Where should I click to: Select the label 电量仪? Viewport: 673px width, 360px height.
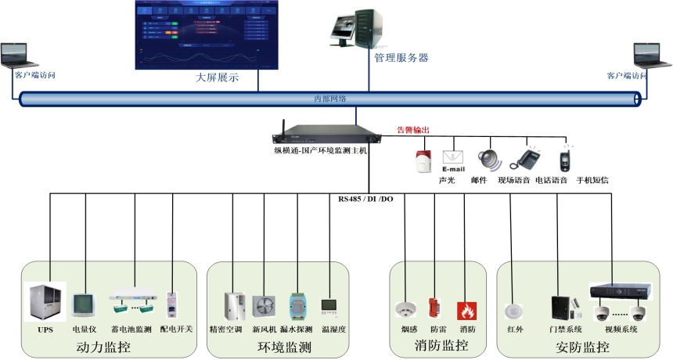click(84, 329)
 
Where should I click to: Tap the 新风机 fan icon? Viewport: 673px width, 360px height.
click(265, 304)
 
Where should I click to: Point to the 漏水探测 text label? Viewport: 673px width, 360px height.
click(300, 329)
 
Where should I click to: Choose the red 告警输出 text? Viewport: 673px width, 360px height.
click(413, 130)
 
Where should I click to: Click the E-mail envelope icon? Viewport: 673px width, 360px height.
click(454, 160)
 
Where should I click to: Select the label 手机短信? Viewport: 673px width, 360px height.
click(592, 180)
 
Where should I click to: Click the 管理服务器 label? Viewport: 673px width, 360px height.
click(401, 58)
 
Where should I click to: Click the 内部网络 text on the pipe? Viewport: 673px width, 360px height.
click(329, 99)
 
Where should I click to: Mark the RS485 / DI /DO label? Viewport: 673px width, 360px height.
click(365, 199)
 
